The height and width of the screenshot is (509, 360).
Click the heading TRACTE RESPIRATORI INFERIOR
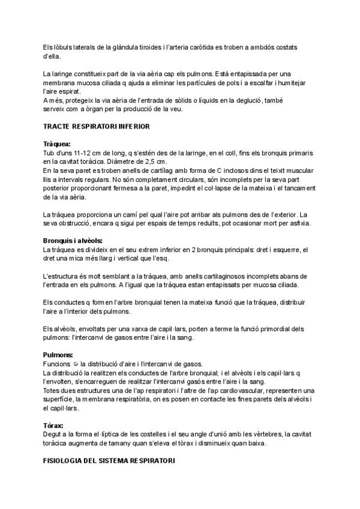coord(96,127)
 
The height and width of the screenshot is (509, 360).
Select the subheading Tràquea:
coord(57,145)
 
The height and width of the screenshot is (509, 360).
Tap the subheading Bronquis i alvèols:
coord(75,241)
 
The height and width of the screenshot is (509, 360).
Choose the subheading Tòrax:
coord(55,425)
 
